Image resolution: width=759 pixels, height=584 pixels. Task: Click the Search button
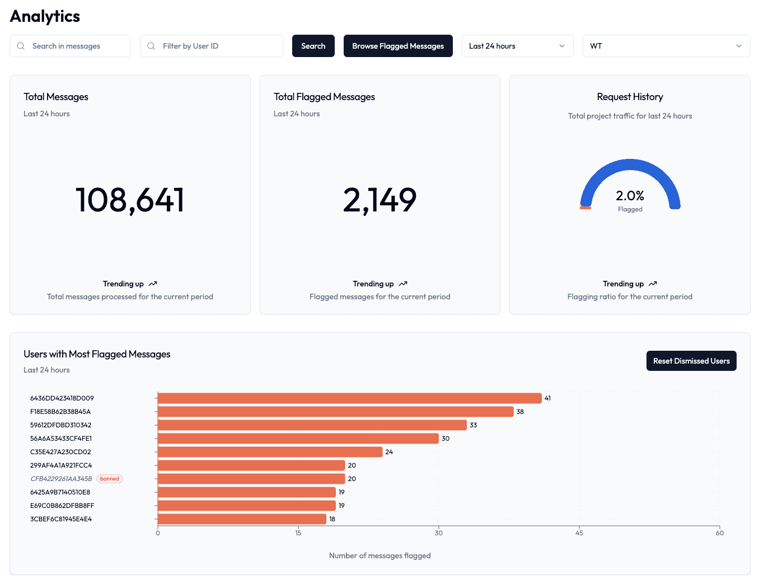pyautogui.click(x=313, y=46)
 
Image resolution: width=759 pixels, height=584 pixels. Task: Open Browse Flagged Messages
pyautogui.click(x=397, y=46)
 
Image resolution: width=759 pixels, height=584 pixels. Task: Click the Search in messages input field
pyautogui.click(x=76, y=46)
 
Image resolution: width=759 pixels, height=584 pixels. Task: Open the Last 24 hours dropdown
pyautogui.click(x=517, y=46)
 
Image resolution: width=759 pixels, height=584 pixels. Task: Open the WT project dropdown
pyautogui.click(x=666, y=46)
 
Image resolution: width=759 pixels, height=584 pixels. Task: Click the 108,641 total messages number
pyautogui.click(x=130, y=200)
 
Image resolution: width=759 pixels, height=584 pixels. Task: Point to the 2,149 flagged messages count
pyautogui.click(x=379, y=200)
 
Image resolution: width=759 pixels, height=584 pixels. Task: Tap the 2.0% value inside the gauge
pyautogui.click(x=630, y=196)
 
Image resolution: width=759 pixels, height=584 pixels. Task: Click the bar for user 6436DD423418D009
pyautogui.click(x=349, y=398)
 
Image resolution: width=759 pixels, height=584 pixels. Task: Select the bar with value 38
pyautogui.click(x=335, y=412)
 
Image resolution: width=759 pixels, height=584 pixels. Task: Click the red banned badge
pyautogui.click(x=110, y=479)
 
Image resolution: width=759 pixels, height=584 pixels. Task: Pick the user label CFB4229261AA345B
pyautogui.click(x=61, y=479)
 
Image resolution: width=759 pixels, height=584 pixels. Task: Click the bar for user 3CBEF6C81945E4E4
pyautogui.click(x=242, y=519)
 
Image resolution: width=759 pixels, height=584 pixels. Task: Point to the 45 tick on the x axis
pyautogui.click(x=579, y=533)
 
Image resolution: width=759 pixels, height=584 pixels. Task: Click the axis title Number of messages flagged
pyautogui.click(x=379, y=555)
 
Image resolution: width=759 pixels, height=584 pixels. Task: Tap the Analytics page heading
pyautogui.click(x=45, y=16)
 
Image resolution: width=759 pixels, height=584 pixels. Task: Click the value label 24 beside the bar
pyautogui.click(x=389, y=452)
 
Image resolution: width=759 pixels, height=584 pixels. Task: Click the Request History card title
pyautogui.click(x=630, y=97)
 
